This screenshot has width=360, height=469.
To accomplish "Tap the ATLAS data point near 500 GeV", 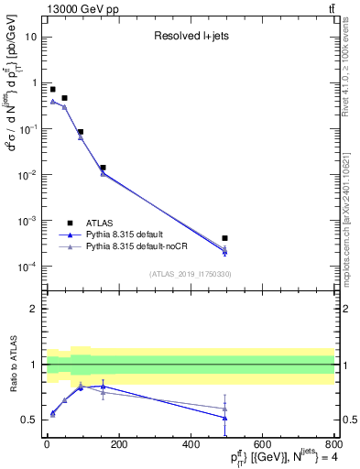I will pos(224,238).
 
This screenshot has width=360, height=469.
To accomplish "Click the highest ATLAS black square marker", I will pos(53,89).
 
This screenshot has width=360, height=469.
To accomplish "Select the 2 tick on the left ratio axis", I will pos(35,309).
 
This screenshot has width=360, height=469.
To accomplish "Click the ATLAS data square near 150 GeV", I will pos(103,168).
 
